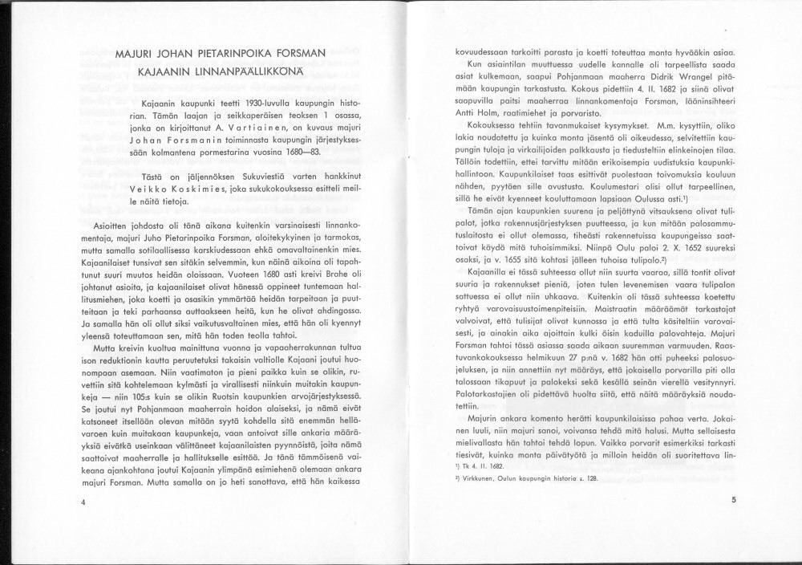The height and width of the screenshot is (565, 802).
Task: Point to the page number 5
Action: click(x=733, y=499)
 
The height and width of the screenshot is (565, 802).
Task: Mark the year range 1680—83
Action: click(x=300, y=152)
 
